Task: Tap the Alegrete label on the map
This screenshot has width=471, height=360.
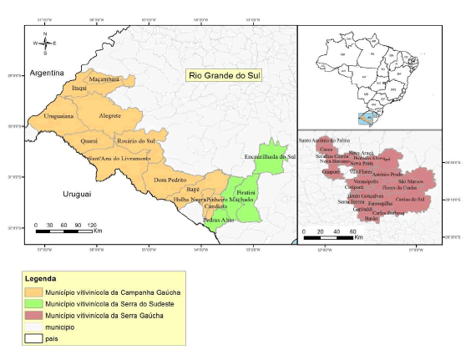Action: pyautogui.click(x=109, y=115)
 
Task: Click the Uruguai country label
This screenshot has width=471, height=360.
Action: pyautogui.click(x=76, y=193)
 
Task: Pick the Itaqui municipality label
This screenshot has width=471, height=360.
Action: pyautogui.click(x=79, y=87)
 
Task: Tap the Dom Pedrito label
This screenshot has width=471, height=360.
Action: pyautogui.click(x=170, y=180)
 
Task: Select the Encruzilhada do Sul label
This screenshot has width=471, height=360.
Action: pyautogui.click(x=271, y=156)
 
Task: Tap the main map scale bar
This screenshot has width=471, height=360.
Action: pyautogui.click(x=67, y=226)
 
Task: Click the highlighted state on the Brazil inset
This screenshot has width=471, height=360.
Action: pyautogui.click(x=365, y=118)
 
